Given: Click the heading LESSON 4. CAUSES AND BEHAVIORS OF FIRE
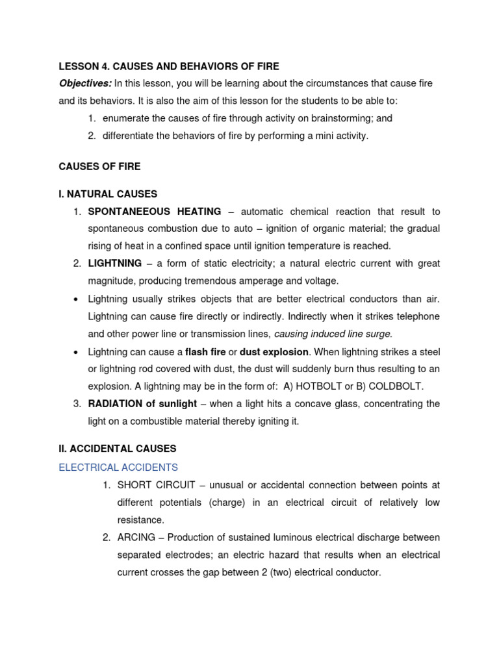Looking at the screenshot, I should (169, 66).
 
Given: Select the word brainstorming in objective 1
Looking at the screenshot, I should (339, 119).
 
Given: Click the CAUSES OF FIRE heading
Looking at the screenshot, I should (99, 167).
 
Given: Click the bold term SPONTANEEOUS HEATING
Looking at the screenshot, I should (154, 212).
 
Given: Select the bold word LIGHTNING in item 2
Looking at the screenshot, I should (114, 264).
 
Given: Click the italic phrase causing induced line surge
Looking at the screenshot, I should (333, 334).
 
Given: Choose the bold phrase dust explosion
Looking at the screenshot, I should (274, 352).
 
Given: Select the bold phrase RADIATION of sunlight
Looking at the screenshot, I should (142, 404).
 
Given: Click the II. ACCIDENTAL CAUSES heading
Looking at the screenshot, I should (118, 449).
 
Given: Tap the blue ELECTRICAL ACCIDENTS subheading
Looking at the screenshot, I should (118, 468).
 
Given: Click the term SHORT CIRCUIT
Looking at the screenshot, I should (156, 485).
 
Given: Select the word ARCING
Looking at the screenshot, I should (137, 538).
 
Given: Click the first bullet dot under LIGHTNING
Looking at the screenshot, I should (77, 299).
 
